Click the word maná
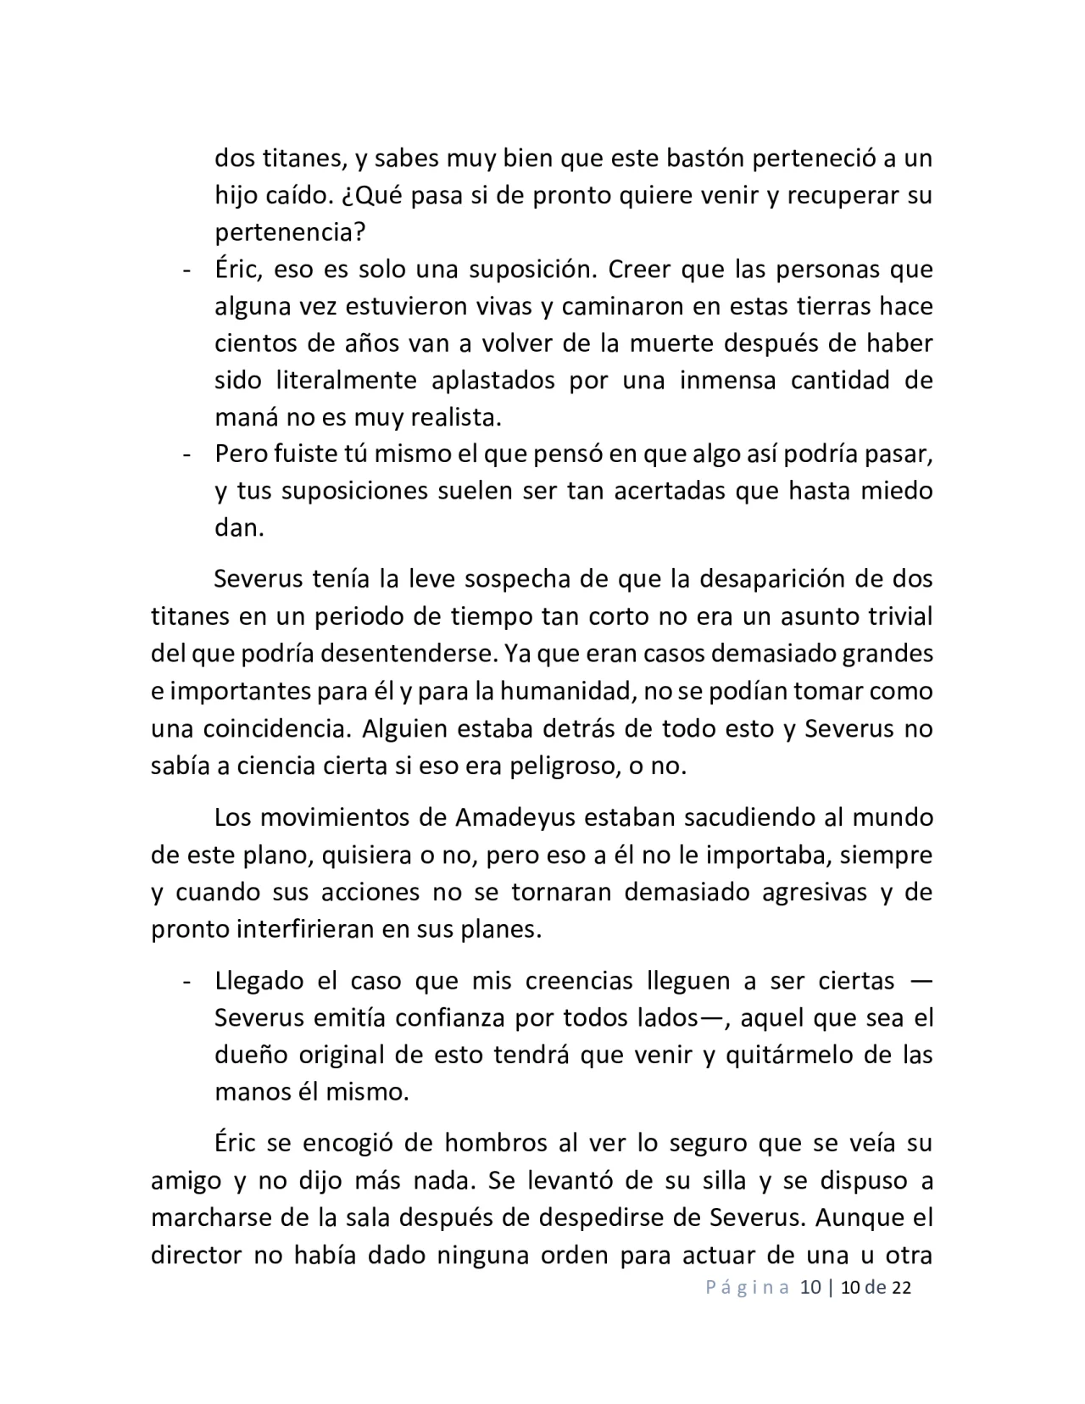click(245, 417)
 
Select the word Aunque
click(854, 1217)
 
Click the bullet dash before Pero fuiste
click(185, 454)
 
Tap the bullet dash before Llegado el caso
click(185, 982)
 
